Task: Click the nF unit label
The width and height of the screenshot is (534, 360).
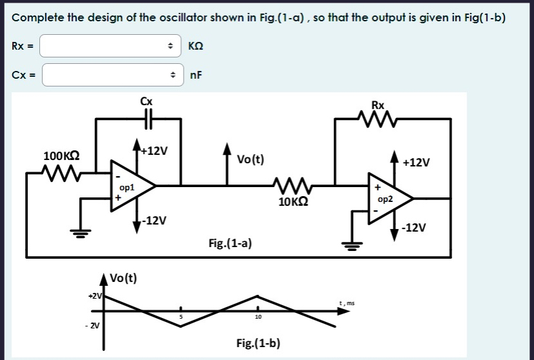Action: (195, 75)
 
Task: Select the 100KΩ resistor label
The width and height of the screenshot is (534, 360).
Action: (61, 156)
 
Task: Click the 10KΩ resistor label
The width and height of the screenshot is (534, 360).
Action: (293, 201)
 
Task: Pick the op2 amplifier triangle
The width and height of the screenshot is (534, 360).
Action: (389, 198)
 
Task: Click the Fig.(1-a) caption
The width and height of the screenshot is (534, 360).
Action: (230, 243)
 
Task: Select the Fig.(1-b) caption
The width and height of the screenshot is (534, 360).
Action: (258, 343)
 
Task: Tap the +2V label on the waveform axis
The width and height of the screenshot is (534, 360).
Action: (94, 295)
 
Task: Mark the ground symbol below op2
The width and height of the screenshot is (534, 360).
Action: (351, 244)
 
